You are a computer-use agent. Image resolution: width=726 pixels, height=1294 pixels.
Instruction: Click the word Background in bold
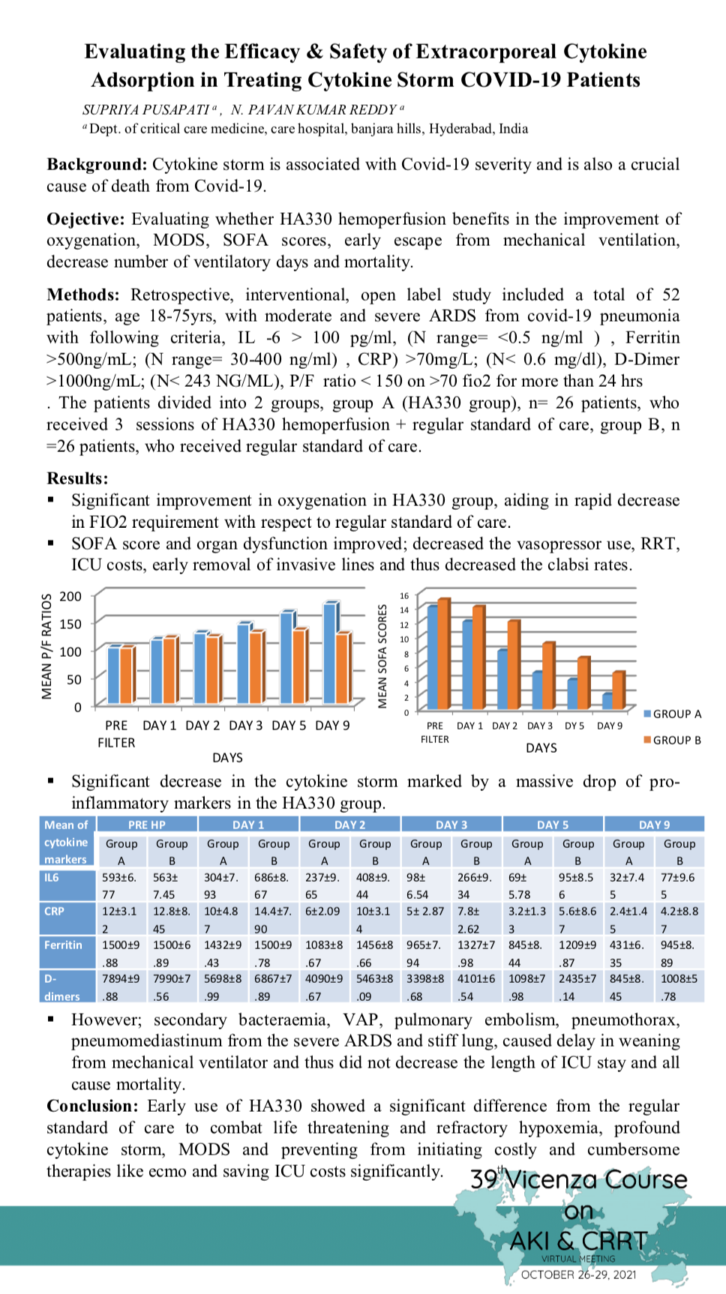point(97,165)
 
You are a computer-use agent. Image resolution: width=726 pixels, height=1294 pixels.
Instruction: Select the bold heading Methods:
point(83,295)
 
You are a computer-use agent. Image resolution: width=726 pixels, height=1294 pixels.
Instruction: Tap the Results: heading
point(77,478)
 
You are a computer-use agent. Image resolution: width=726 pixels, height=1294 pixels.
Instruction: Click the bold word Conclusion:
point(92,1107)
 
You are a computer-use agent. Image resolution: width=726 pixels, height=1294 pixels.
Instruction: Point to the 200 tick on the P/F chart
point(70,597)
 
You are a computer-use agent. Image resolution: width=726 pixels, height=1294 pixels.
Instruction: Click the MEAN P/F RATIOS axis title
point(47,646)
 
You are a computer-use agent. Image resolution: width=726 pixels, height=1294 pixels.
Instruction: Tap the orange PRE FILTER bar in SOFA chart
point(443,654)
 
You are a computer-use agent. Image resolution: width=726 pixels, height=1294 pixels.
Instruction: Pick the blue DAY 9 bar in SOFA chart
point(607,701)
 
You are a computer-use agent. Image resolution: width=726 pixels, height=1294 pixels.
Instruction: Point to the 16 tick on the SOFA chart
point(404,596)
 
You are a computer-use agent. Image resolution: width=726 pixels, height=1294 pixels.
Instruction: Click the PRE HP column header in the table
point(147,825)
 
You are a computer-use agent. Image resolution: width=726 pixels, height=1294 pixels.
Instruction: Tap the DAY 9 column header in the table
point(654,825)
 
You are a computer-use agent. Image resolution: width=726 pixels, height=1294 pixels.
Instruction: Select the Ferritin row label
point(63,945)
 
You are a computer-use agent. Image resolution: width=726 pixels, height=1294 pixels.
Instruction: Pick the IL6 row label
point(51,877)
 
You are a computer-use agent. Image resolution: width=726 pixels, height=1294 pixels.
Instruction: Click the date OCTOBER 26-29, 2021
point(578,1275)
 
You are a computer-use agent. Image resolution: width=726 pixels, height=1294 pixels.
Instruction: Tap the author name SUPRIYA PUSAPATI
point(146,110)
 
